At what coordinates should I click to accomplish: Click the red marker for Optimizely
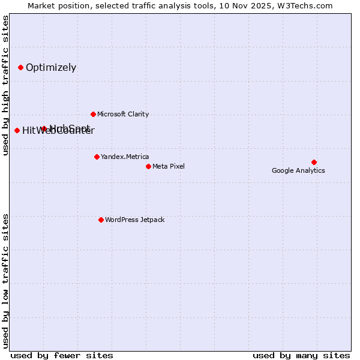click(20, 67)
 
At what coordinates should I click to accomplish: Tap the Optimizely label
click(51, 67)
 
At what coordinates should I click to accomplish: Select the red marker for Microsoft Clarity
click(93, 114)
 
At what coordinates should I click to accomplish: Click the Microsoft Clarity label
click(123, 114)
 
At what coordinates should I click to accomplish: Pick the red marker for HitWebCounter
click(17, 130)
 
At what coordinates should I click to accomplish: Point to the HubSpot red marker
click(44, 128)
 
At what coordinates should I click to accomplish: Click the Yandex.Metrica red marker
click(97, 157)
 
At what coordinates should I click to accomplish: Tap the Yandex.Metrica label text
click(125, 157)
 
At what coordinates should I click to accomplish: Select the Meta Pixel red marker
click(148, 166)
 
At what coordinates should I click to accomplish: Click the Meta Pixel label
click(169, 166)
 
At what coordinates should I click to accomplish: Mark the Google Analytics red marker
click(314, 162)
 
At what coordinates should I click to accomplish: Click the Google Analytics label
click(298, 170)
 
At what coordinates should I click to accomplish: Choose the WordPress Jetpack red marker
click(101, 220)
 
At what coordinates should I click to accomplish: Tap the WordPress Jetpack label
click(134, 220)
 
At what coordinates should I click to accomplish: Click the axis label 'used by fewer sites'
click(62, 355)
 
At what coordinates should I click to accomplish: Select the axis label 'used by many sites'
click(301, 355)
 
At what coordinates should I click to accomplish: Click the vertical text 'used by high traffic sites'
click(5, 85)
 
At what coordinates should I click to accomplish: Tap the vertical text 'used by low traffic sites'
click(5, 280)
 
